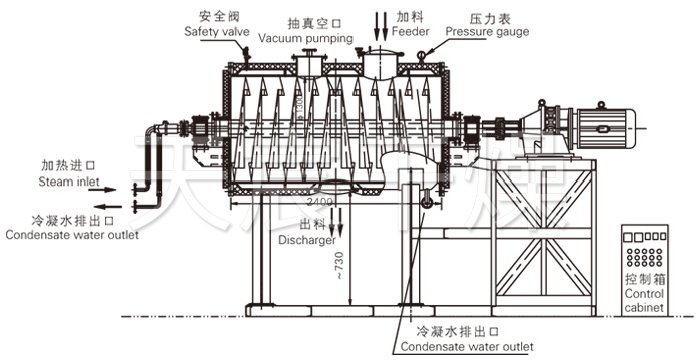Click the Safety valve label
217,31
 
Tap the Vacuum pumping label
306,38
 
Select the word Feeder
414,31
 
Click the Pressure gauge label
487,31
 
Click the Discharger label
307,240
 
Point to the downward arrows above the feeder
382,21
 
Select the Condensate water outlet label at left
71,236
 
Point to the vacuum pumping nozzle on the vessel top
310,65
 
